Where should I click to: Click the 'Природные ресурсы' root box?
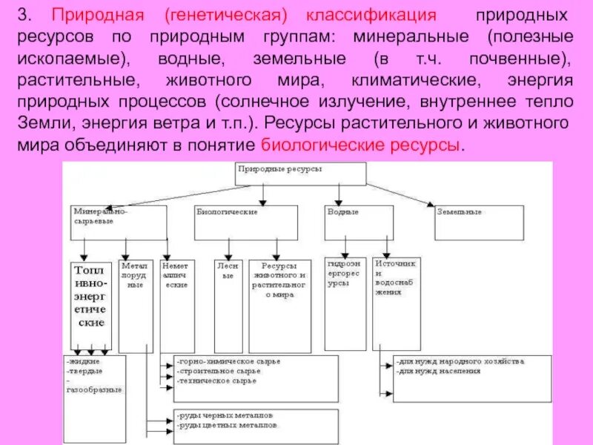(300, 174)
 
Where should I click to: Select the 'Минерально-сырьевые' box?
(119, 222)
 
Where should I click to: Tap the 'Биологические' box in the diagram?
(245, 222)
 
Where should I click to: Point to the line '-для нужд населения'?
(438, 370)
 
